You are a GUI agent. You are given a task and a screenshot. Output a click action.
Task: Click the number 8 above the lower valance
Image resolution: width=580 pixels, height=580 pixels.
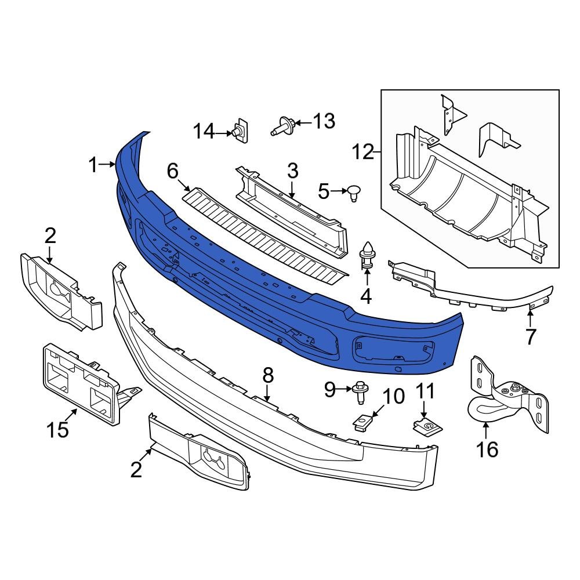(267, 376)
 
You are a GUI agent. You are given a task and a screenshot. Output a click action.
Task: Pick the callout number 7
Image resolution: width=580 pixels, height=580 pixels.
(531, 336)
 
